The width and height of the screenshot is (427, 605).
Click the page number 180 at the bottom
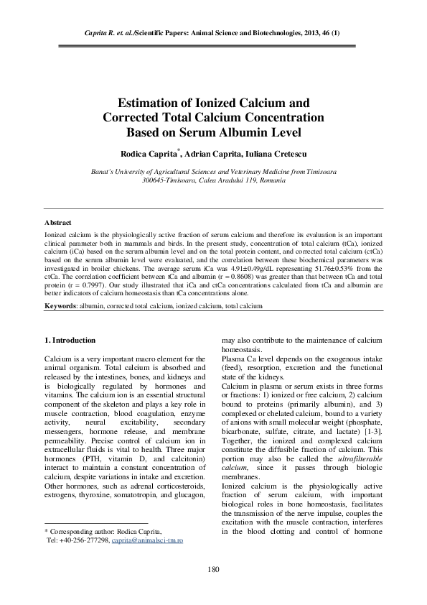tap(213, 570)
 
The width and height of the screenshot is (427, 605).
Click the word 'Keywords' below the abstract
tap(60, 305)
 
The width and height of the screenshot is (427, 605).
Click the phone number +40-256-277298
tap(90, 539)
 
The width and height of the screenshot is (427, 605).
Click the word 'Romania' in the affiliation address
tap(271, 180)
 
